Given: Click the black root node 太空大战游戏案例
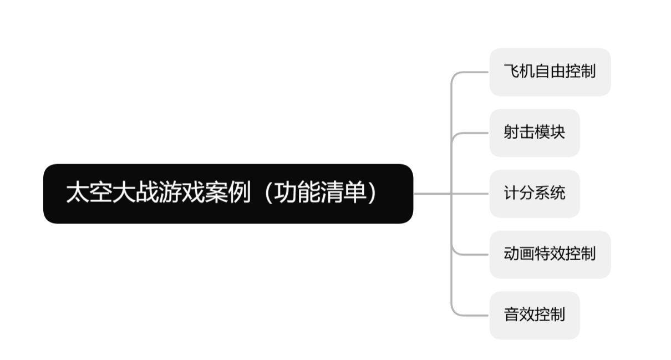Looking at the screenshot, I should [228, 194].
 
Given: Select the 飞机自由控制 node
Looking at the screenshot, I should [550, 72].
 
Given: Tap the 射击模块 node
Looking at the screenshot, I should [534, 133].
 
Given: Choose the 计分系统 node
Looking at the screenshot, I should [534, 194].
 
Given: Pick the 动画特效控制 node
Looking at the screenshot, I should [550, 255].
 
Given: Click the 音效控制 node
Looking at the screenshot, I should [534, 315].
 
